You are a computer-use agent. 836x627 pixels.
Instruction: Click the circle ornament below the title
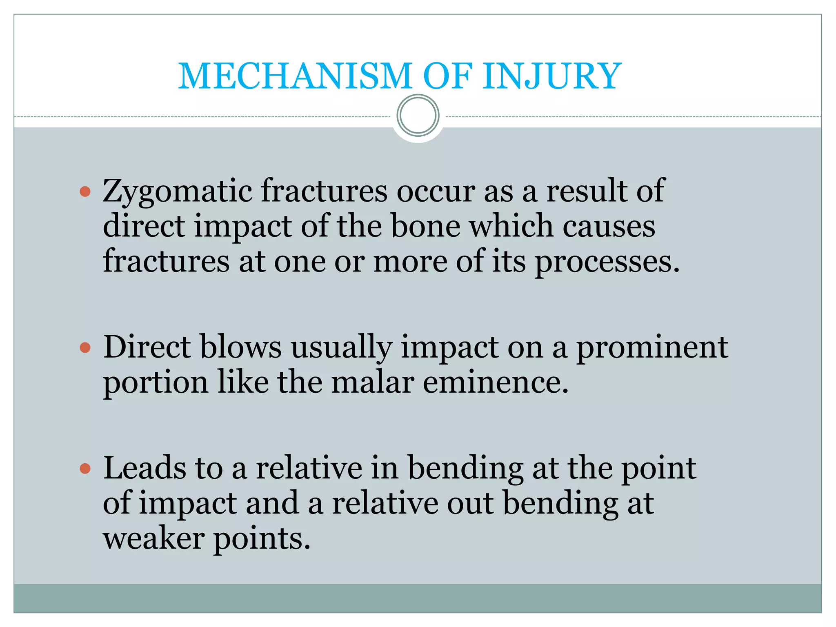pyautogui.click(x=418, y=116)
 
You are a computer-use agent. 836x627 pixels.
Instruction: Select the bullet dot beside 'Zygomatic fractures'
pyautogui.click(x=85, y=191)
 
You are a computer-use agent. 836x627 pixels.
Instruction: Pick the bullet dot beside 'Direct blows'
pyautogui.click(x=85, y=348)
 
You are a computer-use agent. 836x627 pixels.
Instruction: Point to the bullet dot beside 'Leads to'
pyautogui.click(x=85, y=469)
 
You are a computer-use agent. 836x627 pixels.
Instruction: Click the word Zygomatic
pyautogui.click(x=178, y=191)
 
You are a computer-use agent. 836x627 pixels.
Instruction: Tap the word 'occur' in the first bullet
pyautogui.click(x=436, y=191)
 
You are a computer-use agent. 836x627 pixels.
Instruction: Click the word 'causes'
pyautogui.click(x=609, y=226)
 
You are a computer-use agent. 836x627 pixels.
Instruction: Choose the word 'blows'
pyautogui.click(x=241, y=347)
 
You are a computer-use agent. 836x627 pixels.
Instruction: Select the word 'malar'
pyautogui.click(x=373, y=382)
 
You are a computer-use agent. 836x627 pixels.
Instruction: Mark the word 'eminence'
pyautogui.click(x=495, y=382)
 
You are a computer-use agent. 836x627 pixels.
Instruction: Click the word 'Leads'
pyautogui.click(x=145, y=468)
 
